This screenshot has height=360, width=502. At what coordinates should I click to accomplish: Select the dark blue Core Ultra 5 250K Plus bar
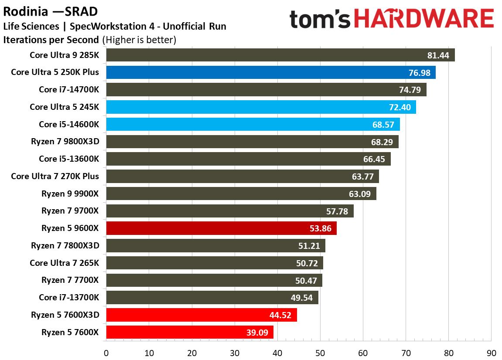[270, 72]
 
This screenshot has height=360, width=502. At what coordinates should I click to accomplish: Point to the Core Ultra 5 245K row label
[65, 107]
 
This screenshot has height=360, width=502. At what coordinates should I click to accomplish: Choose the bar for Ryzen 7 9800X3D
[252, 142]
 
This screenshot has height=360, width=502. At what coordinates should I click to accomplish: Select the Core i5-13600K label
[69, 159]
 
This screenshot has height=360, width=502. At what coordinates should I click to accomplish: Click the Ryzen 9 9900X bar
[241, 194]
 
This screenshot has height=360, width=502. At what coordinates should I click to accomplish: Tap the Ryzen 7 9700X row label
[70, 211]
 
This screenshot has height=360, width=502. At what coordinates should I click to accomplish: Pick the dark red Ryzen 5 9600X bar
[221, 228]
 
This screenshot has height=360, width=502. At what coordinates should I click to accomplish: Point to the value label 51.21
[310, 246]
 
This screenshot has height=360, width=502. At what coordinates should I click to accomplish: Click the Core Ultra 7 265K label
[65, 263]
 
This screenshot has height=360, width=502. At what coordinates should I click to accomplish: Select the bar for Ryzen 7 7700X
[214, 280]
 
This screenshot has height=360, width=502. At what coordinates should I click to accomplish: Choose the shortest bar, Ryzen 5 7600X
[189, 333]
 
